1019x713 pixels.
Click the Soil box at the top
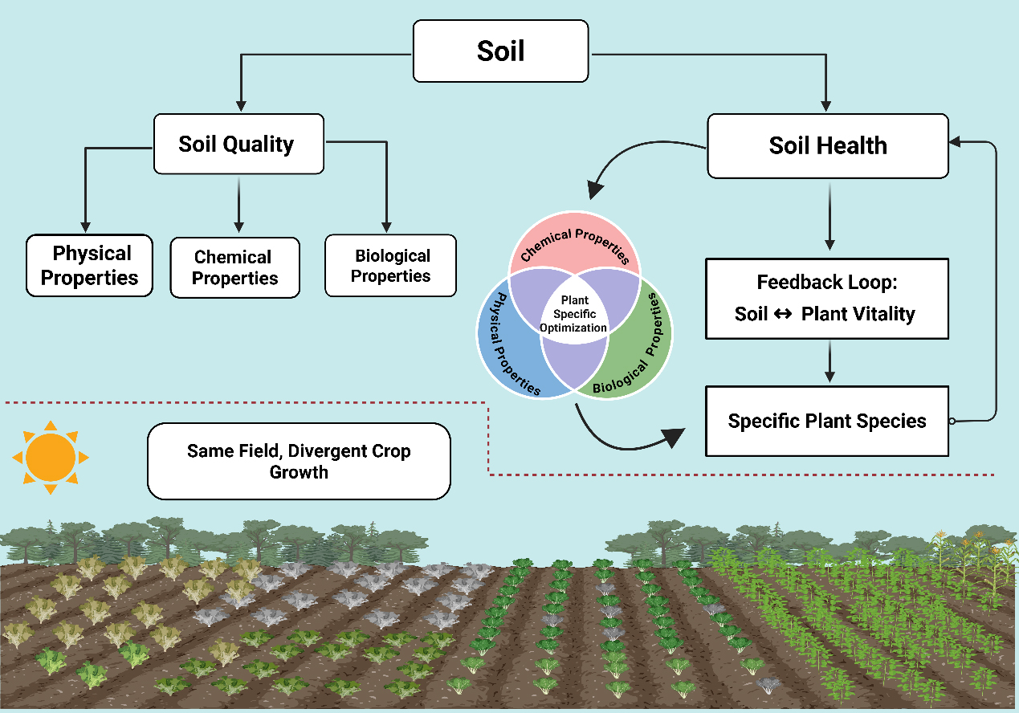point(500,51)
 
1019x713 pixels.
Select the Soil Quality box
point(238,144)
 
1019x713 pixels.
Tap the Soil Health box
point(827,145)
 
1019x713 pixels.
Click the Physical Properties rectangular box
point(89,266)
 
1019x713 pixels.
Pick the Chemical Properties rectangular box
point(234,268)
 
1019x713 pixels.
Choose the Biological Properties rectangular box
point(390,266)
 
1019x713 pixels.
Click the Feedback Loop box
point(826,298)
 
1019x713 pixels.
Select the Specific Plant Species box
point(826,421)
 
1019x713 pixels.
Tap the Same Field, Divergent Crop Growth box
point(299,461)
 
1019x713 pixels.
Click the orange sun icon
point(50,456)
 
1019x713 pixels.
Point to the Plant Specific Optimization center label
point(573,314)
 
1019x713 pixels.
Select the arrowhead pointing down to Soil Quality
point(238,106)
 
